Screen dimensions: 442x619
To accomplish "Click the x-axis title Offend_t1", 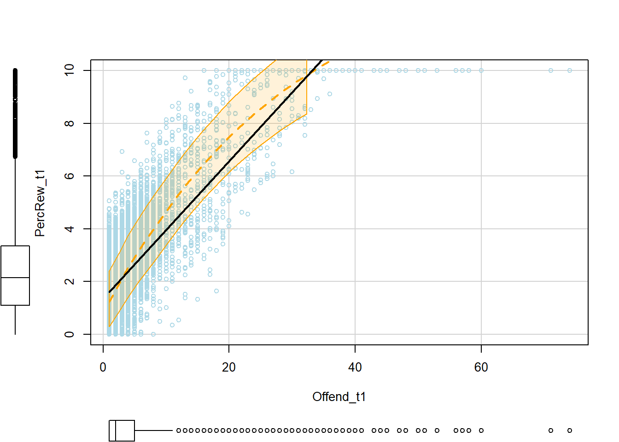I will pos(339,397).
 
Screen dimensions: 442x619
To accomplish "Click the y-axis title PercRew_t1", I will pos(40,203).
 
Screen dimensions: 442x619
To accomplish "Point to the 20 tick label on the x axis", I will pos(229,367).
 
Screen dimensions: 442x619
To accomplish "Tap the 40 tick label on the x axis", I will pos(355,367).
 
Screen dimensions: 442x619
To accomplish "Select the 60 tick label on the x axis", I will pos(481,367).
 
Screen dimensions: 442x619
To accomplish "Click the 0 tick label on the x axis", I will pos(103,367).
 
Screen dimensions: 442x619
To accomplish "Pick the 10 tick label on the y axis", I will pos(70,70).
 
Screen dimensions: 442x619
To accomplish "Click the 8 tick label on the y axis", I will pos(70,123).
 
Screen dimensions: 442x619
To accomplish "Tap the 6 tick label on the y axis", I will pos(70,176).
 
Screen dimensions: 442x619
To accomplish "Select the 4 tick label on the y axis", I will pos(70,229).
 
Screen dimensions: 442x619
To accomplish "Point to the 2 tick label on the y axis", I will pos(70,281).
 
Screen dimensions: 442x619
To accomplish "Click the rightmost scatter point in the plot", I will pos(570,70).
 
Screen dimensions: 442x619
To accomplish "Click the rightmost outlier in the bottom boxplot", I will pos(570,430).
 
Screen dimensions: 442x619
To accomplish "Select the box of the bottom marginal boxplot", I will pos(122,430).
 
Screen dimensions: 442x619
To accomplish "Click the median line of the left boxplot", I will pos(15,278).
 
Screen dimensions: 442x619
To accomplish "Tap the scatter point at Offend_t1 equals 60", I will pos(481,70).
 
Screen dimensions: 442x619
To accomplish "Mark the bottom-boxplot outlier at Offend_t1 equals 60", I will pos(481,430).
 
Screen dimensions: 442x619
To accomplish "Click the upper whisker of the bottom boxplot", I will pos(154,430).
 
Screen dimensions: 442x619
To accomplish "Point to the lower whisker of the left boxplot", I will pos(15,320).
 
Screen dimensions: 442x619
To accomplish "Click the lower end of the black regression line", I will pos(110,292).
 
